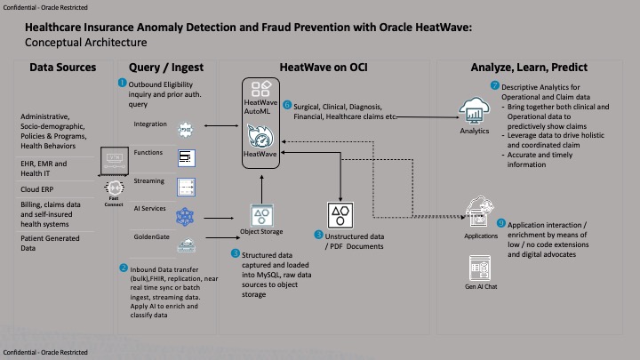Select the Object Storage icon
pyautogui.click(x=263, y=215)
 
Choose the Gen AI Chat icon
pyautogui.click(x=481, y=267)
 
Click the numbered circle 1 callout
pyautogui.click(x=123, y=83)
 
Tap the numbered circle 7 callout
pyautogui.click(x=495, y=85)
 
